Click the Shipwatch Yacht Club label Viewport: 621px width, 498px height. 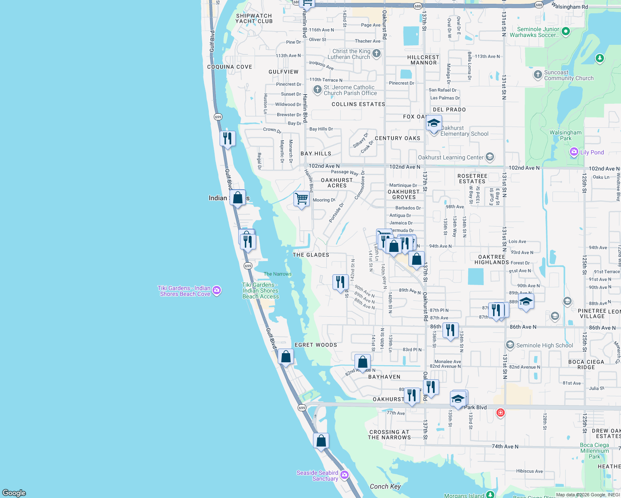coord(254,19)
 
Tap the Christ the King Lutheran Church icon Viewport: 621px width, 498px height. coord(377,53)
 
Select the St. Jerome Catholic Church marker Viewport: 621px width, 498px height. coord(318,90)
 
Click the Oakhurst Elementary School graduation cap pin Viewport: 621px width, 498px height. coord(434,124)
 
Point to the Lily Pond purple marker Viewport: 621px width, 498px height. coord(574,152)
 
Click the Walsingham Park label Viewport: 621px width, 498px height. coord(565,135)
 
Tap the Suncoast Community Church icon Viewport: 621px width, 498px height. coord(538,75)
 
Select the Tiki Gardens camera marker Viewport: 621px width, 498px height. coord(217,291)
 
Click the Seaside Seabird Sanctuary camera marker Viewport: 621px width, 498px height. coord(344,475)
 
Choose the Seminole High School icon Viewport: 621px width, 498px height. coord(510,345)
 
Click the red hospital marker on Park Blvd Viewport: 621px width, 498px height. coord(501,413)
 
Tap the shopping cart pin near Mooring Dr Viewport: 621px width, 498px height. coord(302,199)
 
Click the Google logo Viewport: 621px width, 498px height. coord(14,493)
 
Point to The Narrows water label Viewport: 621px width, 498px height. coord(278,274)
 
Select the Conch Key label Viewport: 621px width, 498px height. coord(385,486)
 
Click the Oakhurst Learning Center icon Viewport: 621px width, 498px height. coord(490,157)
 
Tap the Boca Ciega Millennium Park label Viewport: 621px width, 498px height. coord(594,451)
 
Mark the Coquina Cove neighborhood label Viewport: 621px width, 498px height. coord(230,67)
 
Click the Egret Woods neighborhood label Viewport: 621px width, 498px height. coord(316,345)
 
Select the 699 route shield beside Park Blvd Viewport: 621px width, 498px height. coord(302,408)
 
